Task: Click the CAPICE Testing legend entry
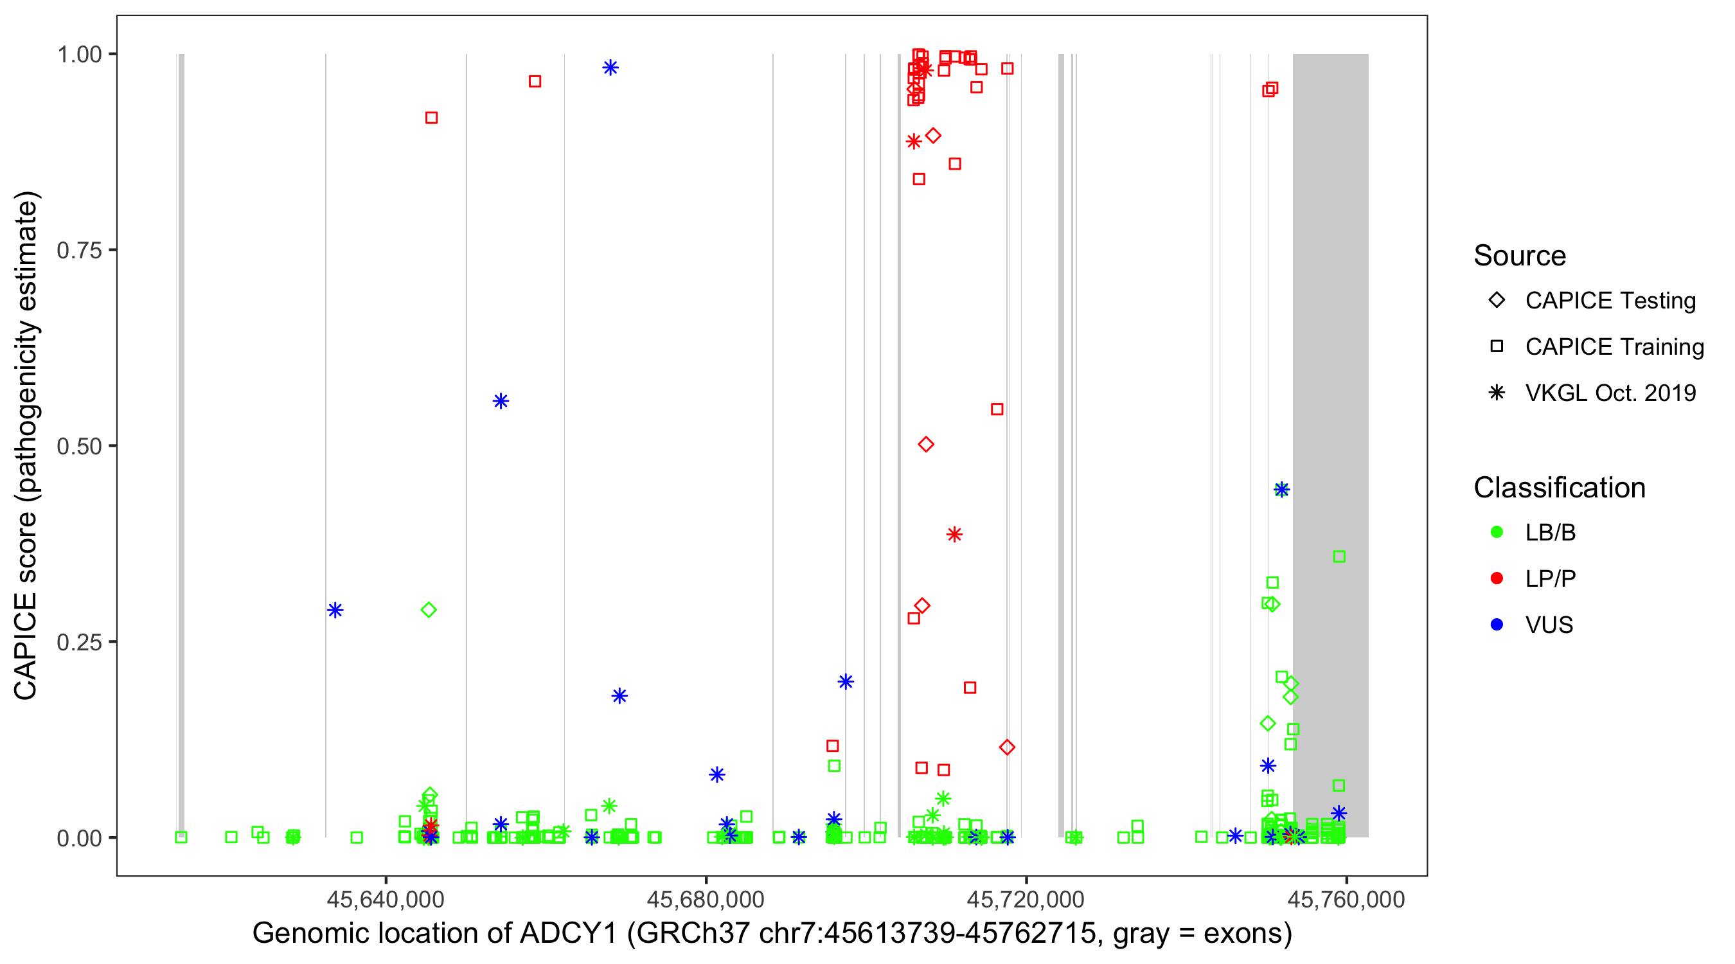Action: point(1610,301)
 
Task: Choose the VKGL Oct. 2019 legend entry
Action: point(1610,393)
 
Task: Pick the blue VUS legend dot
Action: point(1497,625)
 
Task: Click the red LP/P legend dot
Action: point(1497,578)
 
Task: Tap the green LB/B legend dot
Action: point(1497,533)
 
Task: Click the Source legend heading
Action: point(1520,256)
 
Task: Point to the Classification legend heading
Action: point(1559,488)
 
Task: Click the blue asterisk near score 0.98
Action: point(610,67)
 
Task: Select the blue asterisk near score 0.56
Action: point(501,402)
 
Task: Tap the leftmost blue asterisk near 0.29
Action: point(335,611)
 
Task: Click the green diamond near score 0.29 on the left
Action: point(429,611)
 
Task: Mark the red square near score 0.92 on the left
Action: point(432,118)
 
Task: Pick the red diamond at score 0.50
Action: point(926,445)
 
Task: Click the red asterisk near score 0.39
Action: point(954,535)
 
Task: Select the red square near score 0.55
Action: point(997,409)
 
